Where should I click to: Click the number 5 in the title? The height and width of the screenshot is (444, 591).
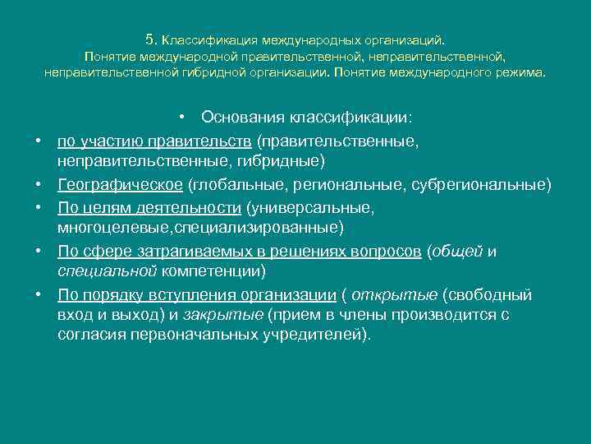click(149, 39)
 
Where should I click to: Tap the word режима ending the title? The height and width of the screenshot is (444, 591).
click(522, 72)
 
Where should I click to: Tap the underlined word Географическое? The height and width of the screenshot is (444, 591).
click(121, 184)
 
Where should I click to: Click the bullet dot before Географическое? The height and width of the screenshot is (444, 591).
click(38, 184)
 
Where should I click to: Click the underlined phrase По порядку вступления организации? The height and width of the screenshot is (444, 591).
click(197, 295)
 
